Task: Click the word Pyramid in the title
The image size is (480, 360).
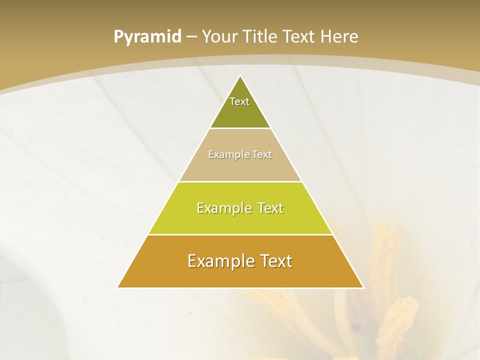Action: (147, 37)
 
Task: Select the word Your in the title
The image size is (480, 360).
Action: (219, 37)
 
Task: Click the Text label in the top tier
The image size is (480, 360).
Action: (239, 101)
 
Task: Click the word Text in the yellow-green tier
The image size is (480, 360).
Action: (270, 208)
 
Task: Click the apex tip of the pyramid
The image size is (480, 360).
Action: (240, 76)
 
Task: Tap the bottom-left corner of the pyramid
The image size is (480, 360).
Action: (118, 287)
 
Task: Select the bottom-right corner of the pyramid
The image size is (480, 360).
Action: (363, 287)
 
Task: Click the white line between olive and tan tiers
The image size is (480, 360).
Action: (240, 128)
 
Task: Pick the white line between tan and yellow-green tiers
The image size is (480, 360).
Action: (240, 181)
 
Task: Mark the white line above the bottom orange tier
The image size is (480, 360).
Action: (240, 234)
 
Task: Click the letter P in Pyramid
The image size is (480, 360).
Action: (118, 37)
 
